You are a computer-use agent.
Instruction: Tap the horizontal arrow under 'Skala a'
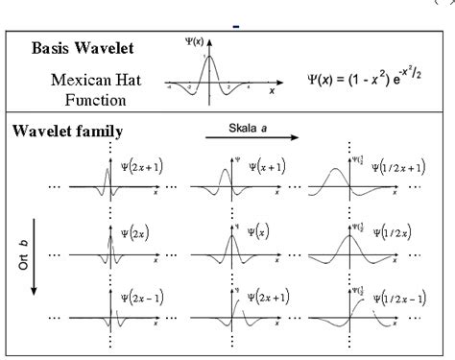pos(251,138)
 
